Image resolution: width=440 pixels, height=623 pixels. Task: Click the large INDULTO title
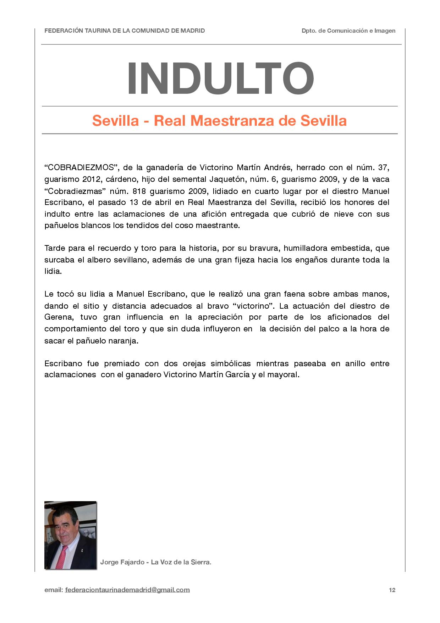220,78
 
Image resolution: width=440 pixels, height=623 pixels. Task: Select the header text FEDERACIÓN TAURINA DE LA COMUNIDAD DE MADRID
125,31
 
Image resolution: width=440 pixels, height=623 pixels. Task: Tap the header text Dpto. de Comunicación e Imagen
348,31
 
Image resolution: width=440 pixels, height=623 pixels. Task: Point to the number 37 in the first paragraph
384,167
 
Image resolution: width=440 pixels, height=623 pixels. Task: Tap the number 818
139,191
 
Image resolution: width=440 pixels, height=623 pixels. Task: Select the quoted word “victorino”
255,306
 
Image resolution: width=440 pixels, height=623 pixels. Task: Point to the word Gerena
59,317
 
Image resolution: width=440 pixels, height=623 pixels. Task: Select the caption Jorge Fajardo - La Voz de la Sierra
155,562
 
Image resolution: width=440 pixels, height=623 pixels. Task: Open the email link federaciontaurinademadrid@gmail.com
127,590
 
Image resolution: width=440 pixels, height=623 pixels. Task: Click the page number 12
392,590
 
